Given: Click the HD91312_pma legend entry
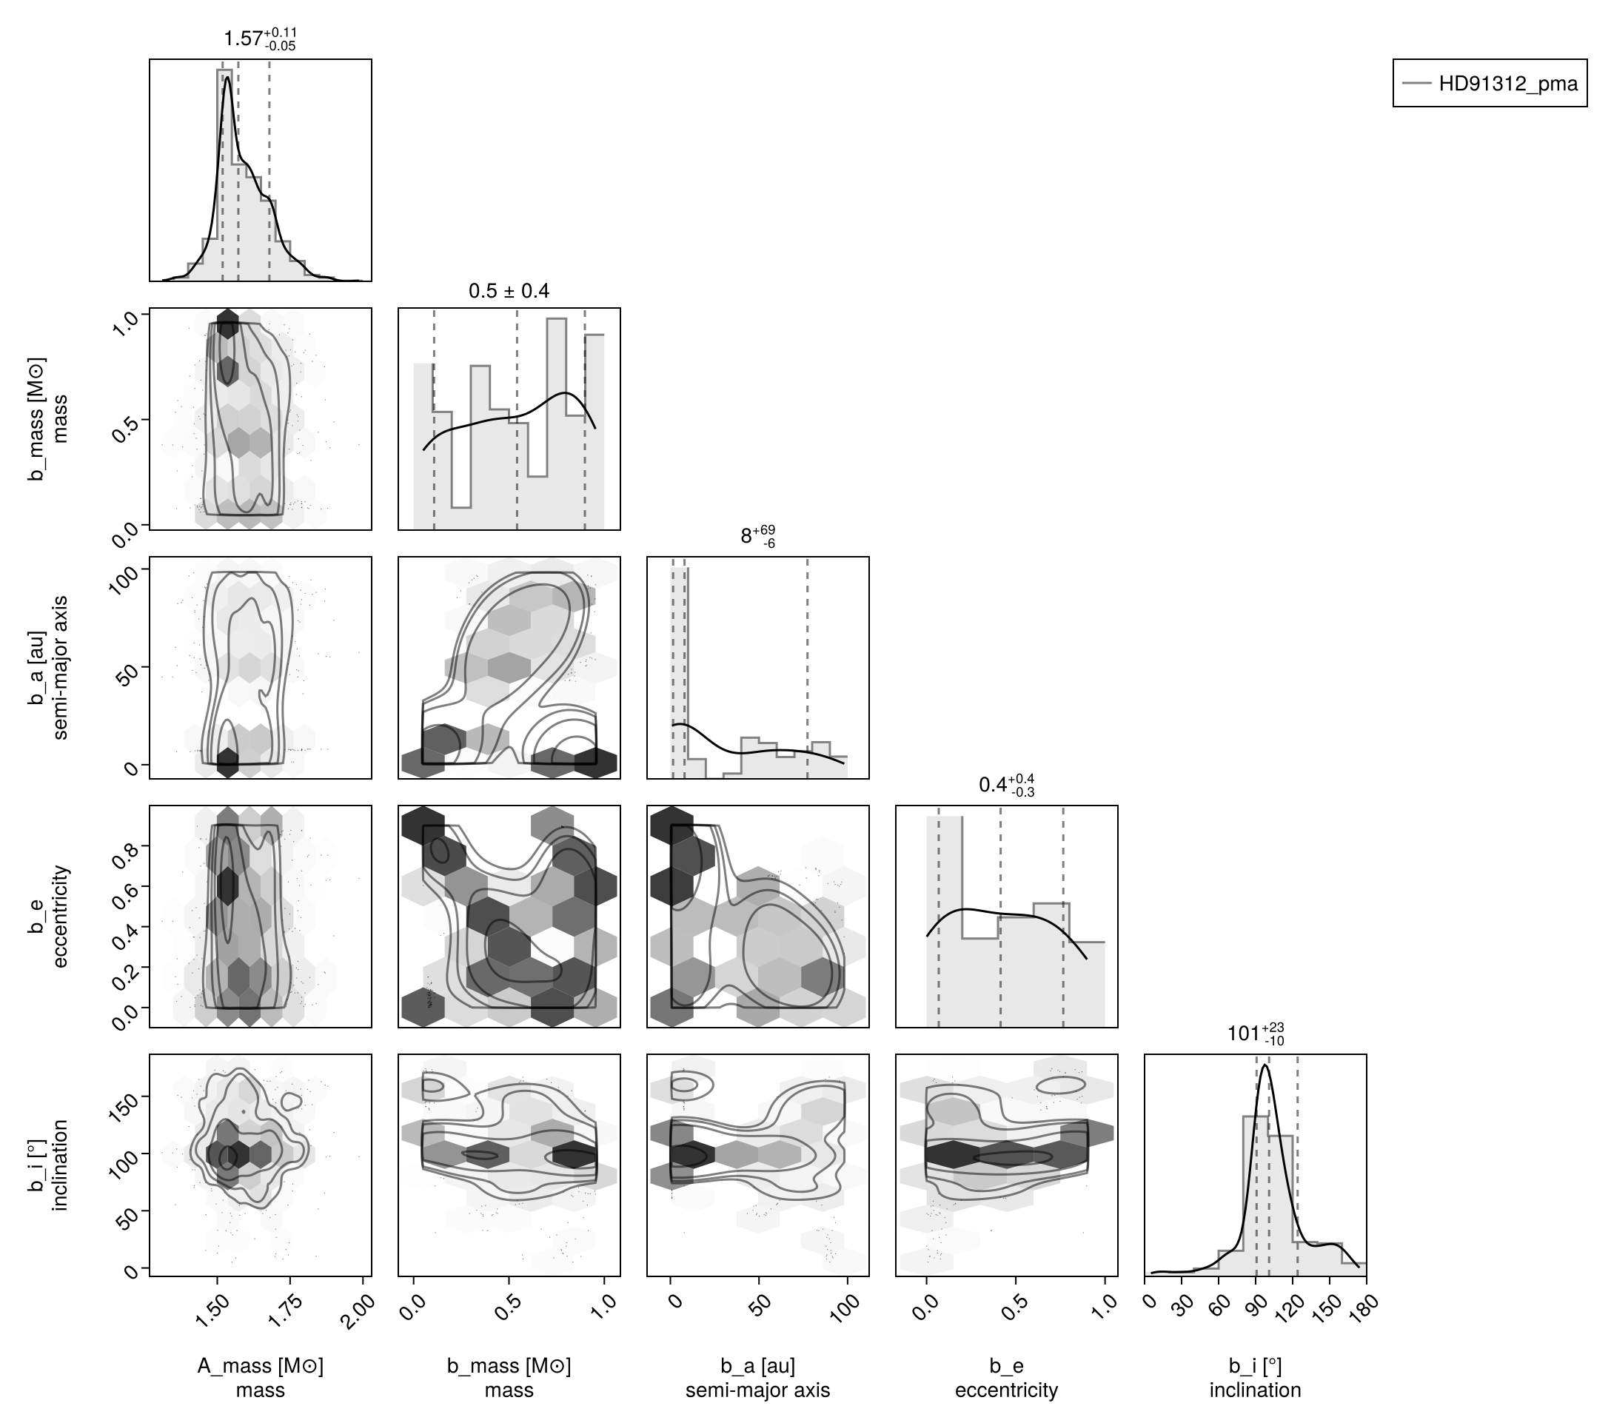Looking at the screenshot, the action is [x=1490, y=83].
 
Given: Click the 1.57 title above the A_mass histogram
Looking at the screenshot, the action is [x=260, y=38].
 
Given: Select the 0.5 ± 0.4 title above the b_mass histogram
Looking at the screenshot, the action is [x=509, y=291].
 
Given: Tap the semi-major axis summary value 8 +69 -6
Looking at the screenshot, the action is [x=758, y=536].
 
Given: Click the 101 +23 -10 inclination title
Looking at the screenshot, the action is [x=1256, y=1033].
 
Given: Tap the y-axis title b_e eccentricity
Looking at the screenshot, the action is [x=48, y=916].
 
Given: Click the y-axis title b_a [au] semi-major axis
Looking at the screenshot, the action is [x=48, y=668].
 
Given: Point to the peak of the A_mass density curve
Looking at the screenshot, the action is [x=228, y=77].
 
